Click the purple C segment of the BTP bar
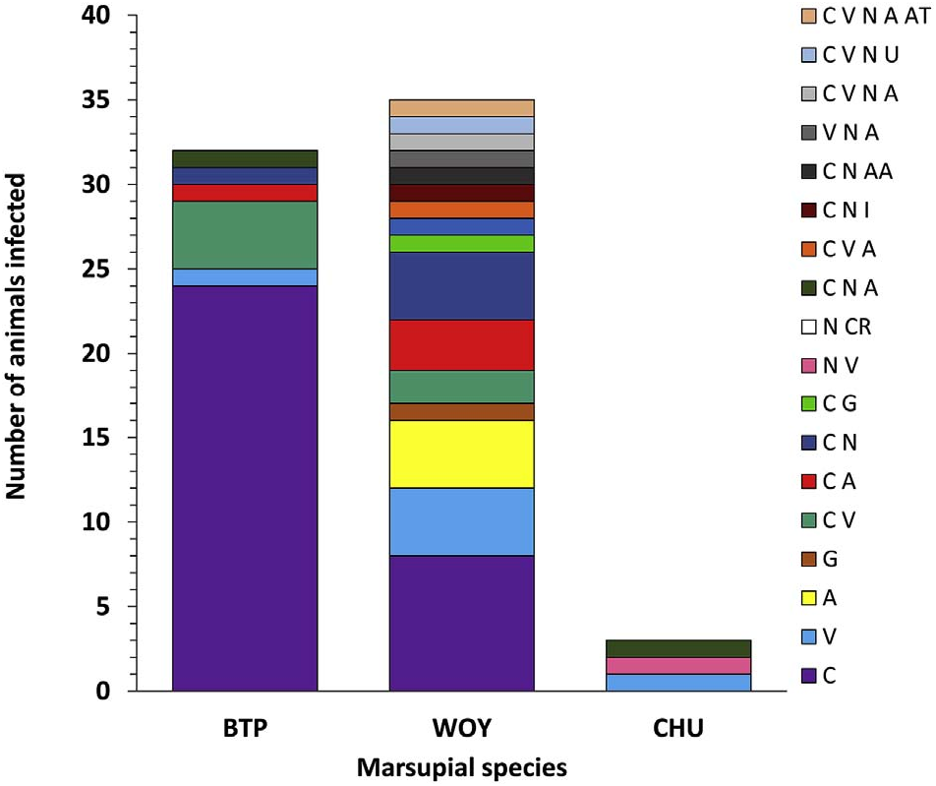pyautogui.click(x=245, y=489)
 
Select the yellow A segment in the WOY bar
pyautogui.click(x=461, y=453)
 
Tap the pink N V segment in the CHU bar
pyautogui.click(x=677, y=666)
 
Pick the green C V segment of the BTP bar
pyautogui.click(x=245, y=234)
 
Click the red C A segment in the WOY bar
pyautogui.click(x=461, y=344)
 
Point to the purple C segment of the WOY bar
pyautogui.click(x=461, y=623)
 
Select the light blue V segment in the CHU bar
pyautogui.click(x=677, y=682)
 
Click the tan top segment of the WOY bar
pyautogui.click(x=461, y=108)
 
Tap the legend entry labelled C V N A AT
pyautogui.click(x=859, y=16)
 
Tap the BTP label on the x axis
pyautogui.click(x=245, y=729)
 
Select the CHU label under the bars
pyautogui.click(x=677, y=729)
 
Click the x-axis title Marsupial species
pyautogui.click(x=461, y=765)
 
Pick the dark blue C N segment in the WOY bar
pyautogui.click(x=461, y=285)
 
